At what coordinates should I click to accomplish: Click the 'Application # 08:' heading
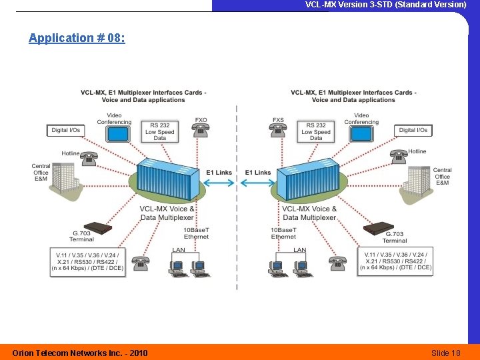[77, 38]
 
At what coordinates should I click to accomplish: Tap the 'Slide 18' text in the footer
[445, 353]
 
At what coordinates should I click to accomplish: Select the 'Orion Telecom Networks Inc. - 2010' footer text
[81, 353]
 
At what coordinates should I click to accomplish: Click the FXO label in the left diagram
[201, 121]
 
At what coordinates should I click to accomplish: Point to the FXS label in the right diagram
[278, 121]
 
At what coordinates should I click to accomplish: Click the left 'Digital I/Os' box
[66, 130]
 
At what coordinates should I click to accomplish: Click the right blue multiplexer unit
[310, 179]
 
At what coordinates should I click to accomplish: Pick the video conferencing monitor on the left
[119, 133]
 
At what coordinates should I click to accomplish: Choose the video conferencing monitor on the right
[361, 133]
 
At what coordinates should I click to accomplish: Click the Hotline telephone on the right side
[399, 157]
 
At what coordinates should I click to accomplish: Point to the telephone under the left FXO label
[201, 131]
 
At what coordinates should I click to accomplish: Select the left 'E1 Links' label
[219, 173]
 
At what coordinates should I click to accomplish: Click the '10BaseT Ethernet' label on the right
[283, 233]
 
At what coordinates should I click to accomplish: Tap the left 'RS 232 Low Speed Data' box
[159, 131]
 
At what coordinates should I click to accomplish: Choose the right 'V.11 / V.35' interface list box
[395, 261]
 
